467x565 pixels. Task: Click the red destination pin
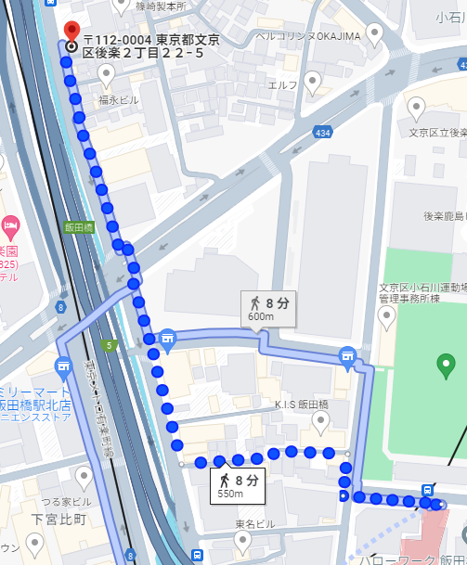click(71, 29)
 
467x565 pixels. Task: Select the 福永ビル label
click(121, 98)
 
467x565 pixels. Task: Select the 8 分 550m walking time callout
click(238, 485)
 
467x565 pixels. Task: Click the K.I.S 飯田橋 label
click(302, 405)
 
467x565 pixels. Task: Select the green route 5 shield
click(110, 346)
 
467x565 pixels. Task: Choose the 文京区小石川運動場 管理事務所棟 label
click(422, 292)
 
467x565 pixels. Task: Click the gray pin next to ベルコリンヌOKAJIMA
click(375, 34)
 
